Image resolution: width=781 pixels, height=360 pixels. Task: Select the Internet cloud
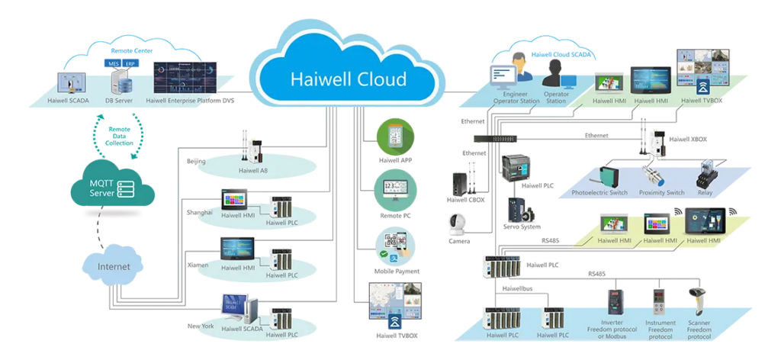click(114, 267)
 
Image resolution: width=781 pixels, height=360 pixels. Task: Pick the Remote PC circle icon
click(395, 191)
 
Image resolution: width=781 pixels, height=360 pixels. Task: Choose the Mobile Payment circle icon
click(395, 246)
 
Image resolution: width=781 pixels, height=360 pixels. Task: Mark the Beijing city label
click(196, 162)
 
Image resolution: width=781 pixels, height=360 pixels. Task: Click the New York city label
click(201, 326)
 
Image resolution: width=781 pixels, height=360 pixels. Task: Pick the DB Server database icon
click(121, 79)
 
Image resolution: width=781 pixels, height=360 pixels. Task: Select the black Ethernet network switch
click(496, 138)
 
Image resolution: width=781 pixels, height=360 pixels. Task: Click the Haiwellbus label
click(520, 289)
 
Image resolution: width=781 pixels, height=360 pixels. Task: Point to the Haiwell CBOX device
click(459, 183)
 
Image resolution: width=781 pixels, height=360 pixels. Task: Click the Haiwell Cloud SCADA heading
click(561, 55)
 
